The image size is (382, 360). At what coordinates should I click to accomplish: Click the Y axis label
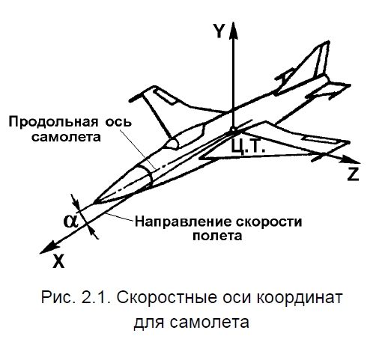pos(219,31)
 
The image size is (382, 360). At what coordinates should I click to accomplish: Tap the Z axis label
pos(353,174)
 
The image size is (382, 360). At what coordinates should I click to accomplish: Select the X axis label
pos(58,261)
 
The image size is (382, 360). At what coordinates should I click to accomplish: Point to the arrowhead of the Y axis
pos(233,31)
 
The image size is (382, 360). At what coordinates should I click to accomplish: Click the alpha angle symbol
pos(70,221)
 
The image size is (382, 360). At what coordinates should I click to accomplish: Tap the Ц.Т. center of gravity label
pos(248,147)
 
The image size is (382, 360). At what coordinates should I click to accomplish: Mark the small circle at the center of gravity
pos(233,130)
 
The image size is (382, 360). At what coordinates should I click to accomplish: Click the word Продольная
pos(53,123)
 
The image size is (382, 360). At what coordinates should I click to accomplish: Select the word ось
pos(118,122)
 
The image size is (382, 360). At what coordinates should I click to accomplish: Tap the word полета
pos(217,235)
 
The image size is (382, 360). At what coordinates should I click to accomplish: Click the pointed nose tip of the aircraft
pos(94,203)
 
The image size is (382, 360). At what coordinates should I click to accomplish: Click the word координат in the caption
pos(300,298)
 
